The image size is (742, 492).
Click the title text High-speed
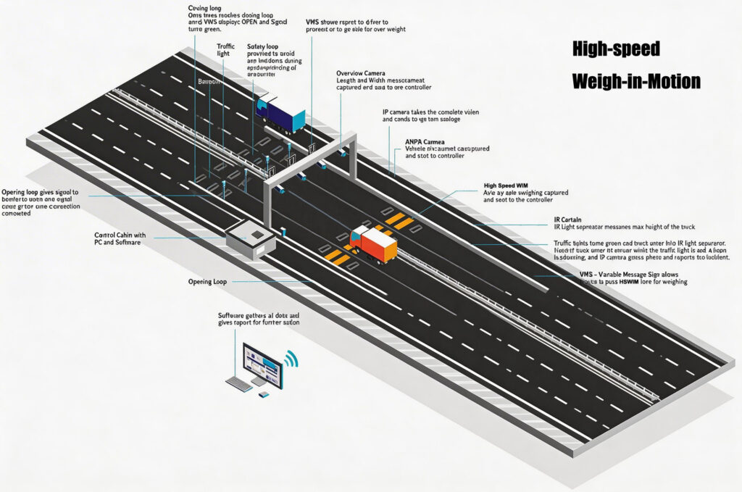(x=616, y=49)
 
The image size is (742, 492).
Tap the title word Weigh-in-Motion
(x=635, y=80)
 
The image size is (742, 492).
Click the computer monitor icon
(x=263, y=364)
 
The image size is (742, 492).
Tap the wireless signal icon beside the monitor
(x=291, y=358)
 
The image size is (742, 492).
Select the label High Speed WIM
(x=512, y=185)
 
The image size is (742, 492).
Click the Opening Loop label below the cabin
(x=209, y=280)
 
